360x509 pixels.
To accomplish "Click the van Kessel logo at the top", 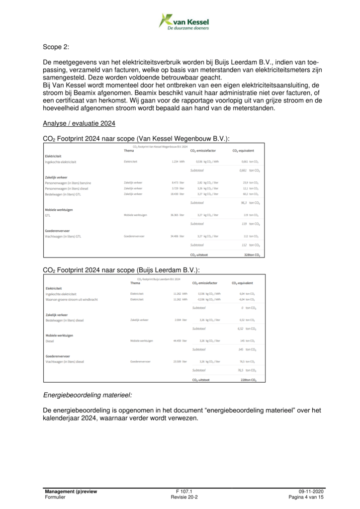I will [x=183, y=21].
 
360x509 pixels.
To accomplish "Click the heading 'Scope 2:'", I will [x=56, y=48].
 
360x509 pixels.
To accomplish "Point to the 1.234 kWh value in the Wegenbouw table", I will [x=178, y=162].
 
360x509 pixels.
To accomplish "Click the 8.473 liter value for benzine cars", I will [x=178, y=183].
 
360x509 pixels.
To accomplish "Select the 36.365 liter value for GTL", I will [x=178, y=215].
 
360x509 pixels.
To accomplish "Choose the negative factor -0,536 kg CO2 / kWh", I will [x=205, y=300].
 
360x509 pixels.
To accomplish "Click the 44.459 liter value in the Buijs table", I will [x=178, y=340].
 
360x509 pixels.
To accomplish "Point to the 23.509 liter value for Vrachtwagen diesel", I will [x=178, y=361].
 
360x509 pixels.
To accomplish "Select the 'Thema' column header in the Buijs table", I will [x=135, y=283].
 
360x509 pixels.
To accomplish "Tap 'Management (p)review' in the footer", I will [x=71, y=491].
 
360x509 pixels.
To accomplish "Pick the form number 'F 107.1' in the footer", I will [x=184, y=491].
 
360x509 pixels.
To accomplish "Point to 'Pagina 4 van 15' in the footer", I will [x=306, y=497].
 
